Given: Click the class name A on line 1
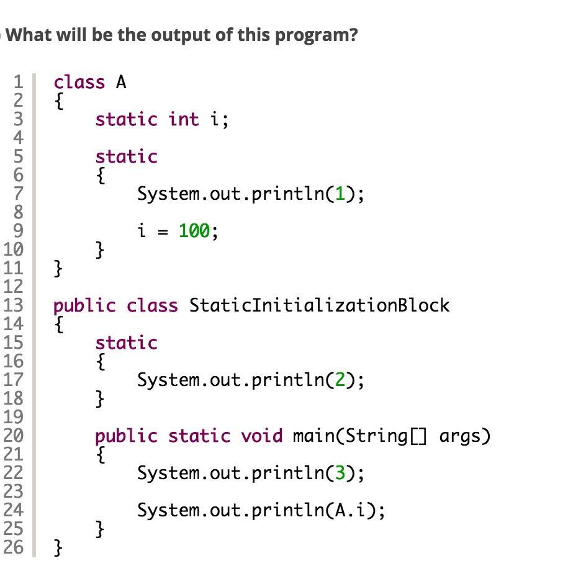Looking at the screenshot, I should click(121, 82).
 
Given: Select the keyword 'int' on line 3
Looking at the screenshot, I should click(184, 119).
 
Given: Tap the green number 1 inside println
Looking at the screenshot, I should click(340, 194).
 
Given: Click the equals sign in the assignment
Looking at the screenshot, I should click(163, 232).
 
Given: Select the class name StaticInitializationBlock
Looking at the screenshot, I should click(319, 305).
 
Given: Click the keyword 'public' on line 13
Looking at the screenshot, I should click(84, 305).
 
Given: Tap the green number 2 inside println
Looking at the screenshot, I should click(340, 380).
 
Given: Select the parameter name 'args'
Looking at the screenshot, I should click(465, 436).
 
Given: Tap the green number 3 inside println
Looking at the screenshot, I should click(340, 473).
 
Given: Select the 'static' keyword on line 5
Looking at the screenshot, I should click(126, 156).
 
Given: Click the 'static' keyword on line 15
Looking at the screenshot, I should click(126, 343).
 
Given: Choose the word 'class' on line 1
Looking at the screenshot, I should click(79, 82).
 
